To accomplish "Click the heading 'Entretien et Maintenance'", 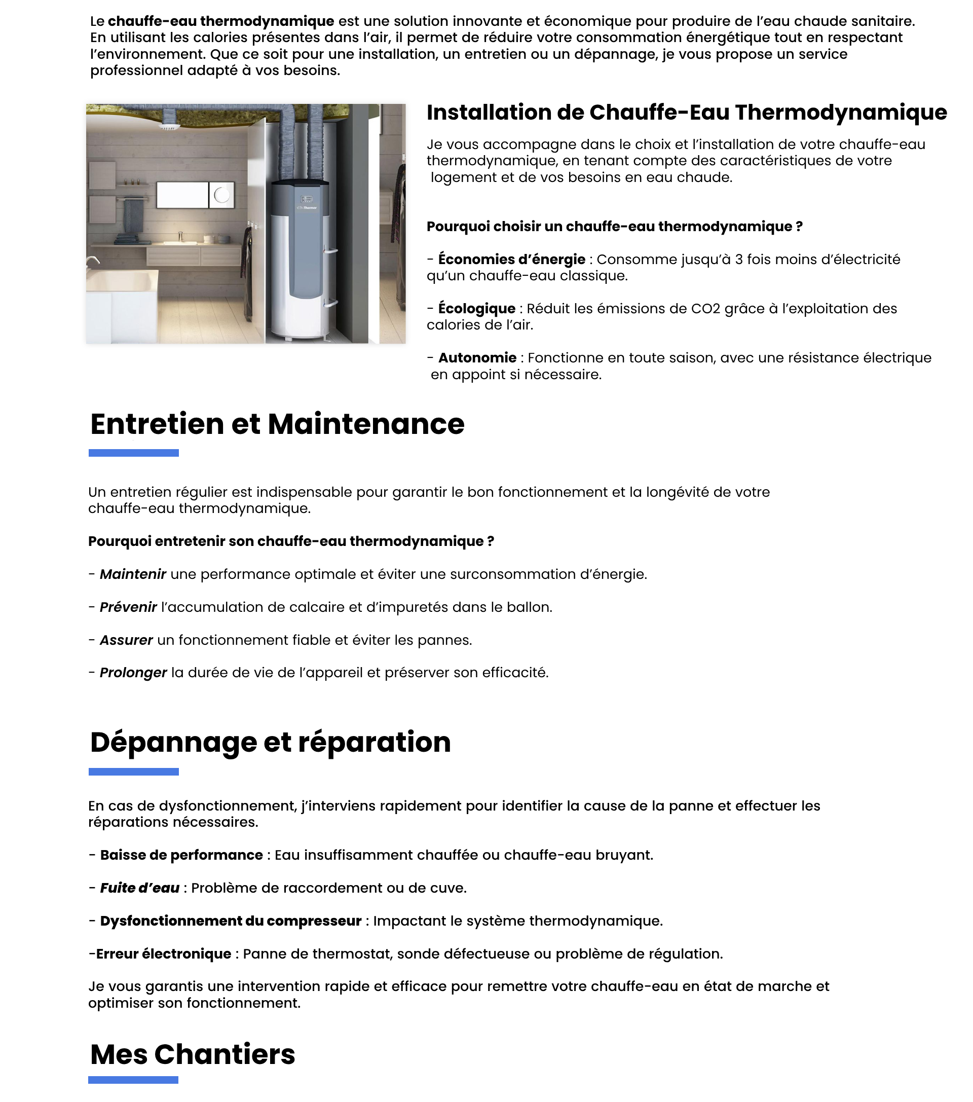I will pyautogui.click(x=277, y=424).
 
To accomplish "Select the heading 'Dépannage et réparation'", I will pyautogui.click(x=270, y=742).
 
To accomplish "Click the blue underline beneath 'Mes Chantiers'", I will pyautogui.click(x=133, y=1079).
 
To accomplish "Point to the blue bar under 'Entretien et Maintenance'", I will pyautogui.click(x=133, y=453).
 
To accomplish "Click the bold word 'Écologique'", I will pyautogui.click(x=476, y=308).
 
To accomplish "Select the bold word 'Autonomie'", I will pyautogui.click(x=477, y=357).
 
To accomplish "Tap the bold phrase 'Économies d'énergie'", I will pyautogui.click(x=511, y=260).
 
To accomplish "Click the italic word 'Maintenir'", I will pyautogui.click(x=133, y=574).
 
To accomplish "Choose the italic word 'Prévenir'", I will pyautogui.click(x=128, y=607).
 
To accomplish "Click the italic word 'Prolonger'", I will pyautogui.click(x=133, y=673).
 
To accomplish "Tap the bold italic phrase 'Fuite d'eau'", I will pyautogui.click(x=140, y=888).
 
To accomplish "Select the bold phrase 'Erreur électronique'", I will pyautogui.click(x=163, y=954).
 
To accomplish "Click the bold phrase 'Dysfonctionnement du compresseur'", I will pyautogui.click(x=231, y=921).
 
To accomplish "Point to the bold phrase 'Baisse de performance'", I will pyautogui.click(x=181, y=855).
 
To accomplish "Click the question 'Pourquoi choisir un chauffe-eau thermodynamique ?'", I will pyautogui.click(x=615, y=227).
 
